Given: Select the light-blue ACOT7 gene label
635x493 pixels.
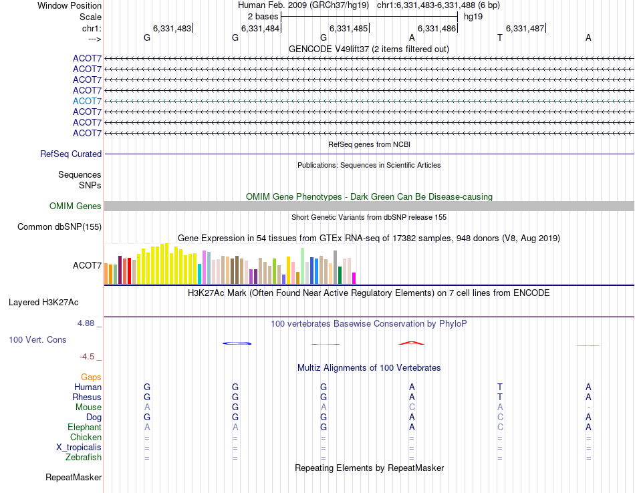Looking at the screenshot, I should (x=87, y=101).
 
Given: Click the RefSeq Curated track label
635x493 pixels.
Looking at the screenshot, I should (x=71, y=154).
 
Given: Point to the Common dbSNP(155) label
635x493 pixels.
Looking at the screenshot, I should (x=59, y=226).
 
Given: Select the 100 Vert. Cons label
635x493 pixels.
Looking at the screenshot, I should (x=37, y=339).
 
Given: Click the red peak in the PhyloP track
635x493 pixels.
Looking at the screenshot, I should (x=411, y=343).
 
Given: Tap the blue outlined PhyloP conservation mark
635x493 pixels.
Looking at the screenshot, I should (x=237, y=343).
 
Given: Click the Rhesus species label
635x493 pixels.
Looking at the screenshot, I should (x=87, y=397).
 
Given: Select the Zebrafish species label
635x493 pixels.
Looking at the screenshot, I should (x=84, y=458).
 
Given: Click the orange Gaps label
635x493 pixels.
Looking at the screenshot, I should (x=91, y=377).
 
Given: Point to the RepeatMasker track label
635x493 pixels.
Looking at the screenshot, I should (x=74, y=478).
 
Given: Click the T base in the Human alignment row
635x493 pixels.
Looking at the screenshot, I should (x=499, y=387).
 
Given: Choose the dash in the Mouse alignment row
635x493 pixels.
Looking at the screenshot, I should (x=588, y=407).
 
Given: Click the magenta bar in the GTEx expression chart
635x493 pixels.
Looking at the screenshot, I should (x=354, y=278).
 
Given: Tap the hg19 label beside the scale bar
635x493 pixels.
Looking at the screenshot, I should (x=473, y=16).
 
